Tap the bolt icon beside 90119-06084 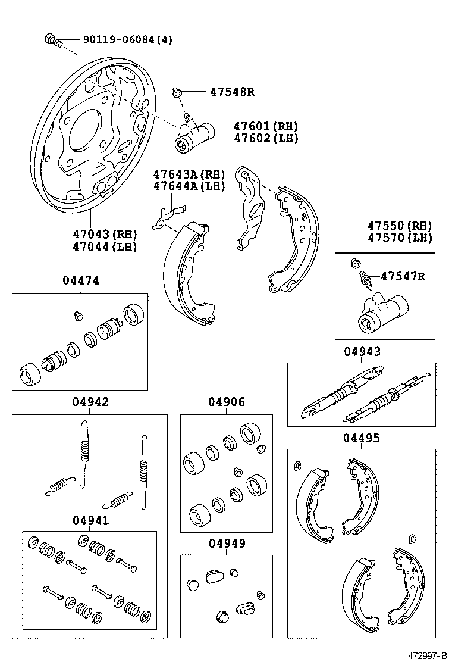coord(53,40)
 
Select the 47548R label coord(231,92)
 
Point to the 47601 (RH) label coord(265,127)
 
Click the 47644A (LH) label coord(189,186)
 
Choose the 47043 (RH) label coord(105,234)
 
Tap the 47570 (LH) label coord(399,238)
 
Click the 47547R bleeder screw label coord(404,276)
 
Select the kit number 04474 coord(80,280)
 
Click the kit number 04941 coord(90,520)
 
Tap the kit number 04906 coord(226,402)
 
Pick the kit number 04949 coord(226,543)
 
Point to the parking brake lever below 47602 coord(248,205)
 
